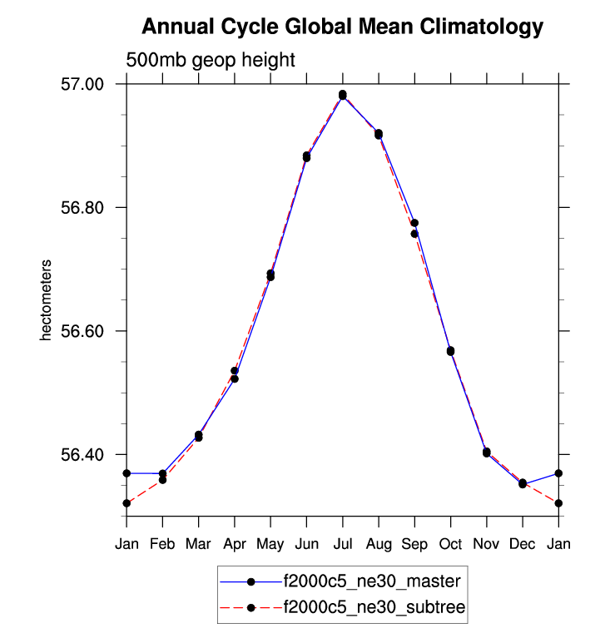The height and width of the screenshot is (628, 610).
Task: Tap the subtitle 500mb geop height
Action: coord(211,60)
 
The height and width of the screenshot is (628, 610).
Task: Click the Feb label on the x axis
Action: coord(162,545)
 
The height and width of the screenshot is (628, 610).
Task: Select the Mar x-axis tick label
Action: coord(198,545)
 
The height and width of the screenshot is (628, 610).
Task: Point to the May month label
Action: coord(270,545)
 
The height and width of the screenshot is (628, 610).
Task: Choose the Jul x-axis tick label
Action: coord(342,545)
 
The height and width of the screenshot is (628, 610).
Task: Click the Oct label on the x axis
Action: coord(450,545)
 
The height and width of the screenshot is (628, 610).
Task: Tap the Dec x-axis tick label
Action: coord(523,545)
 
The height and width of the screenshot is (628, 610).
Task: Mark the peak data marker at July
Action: coord(342,95)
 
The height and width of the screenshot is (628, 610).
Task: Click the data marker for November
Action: coord(486,452)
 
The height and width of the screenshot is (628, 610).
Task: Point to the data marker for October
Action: coord(450,351)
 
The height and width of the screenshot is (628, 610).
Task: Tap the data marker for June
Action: coord(306,156)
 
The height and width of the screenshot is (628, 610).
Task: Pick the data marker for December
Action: coord(523,483)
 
